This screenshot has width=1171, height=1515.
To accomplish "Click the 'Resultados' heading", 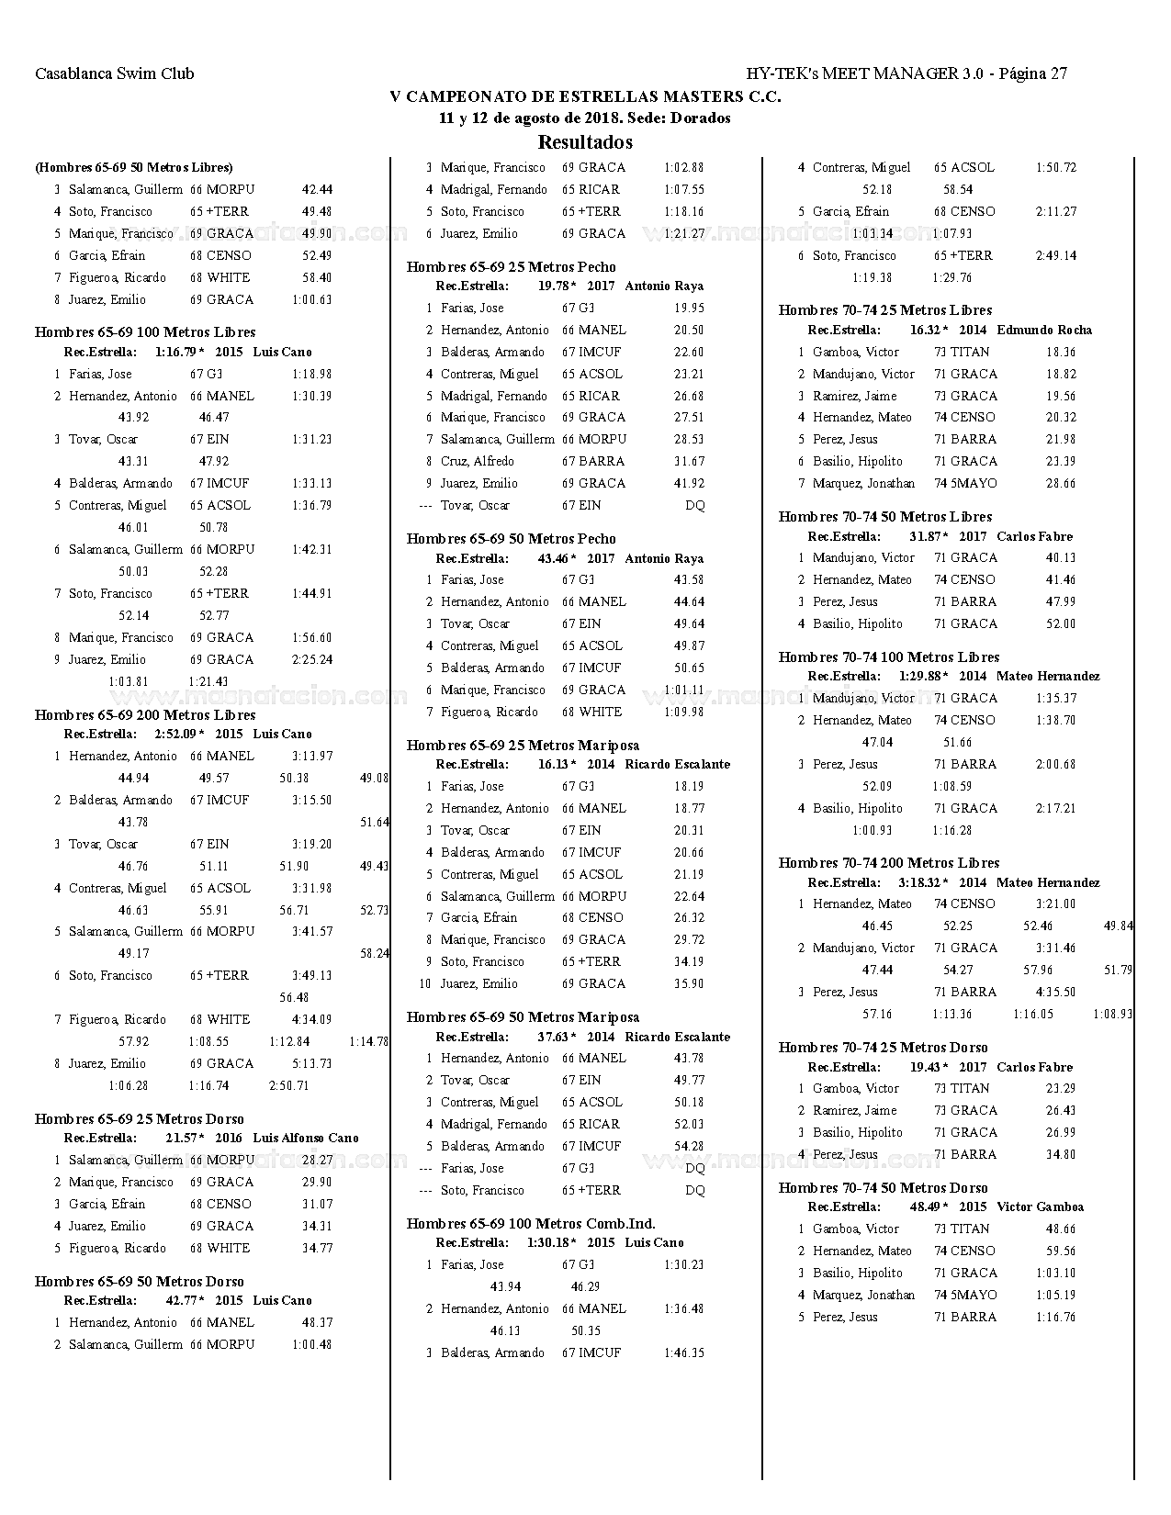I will (584, 142).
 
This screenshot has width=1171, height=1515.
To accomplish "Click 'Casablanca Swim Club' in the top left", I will (114, 73).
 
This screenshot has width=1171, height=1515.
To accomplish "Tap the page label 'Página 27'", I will (1032, 73).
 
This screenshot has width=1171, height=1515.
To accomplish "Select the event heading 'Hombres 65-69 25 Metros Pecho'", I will (511, 267).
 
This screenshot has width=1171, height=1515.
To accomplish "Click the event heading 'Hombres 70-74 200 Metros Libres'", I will (888, 863).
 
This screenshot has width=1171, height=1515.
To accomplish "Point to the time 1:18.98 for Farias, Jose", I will (312, 375).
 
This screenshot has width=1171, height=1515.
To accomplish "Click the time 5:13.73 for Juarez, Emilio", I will (312, 1064).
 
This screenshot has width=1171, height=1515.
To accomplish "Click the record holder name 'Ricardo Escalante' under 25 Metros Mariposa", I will (677, 765).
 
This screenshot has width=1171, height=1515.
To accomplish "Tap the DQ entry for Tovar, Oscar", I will (694, 506).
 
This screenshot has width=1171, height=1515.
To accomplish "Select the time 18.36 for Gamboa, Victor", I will (1060, 353).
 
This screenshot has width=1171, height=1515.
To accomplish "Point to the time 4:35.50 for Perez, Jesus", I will (1055, 993).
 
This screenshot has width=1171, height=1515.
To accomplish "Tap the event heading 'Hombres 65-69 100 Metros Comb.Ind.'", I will (531, 1224).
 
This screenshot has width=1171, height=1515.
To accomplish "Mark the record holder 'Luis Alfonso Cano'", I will (306, 1139).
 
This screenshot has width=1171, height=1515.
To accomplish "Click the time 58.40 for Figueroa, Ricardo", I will (317, 278).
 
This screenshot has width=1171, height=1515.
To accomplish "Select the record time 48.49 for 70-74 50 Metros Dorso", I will (927, 1207).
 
